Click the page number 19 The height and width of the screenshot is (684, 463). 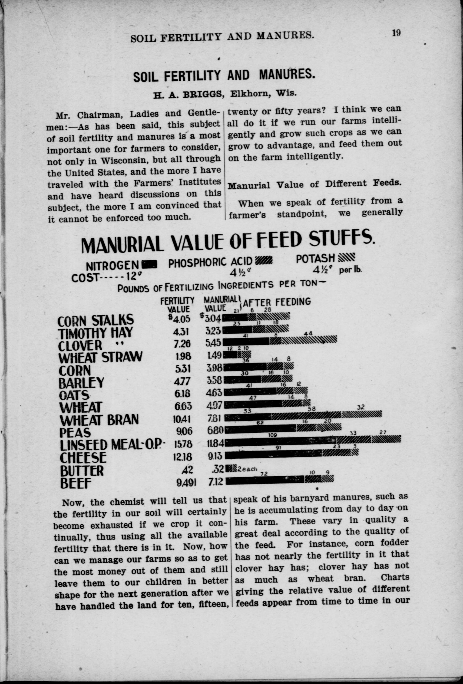(x=396, y=33)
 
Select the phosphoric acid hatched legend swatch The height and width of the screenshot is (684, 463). (x=264, y=261)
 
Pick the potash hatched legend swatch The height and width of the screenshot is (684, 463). (x=347, y=258)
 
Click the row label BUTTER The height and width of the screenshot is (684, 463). (x=82, y=470)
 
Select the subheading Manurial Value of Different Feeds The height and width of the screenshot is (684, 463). (x=315, y=184)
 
